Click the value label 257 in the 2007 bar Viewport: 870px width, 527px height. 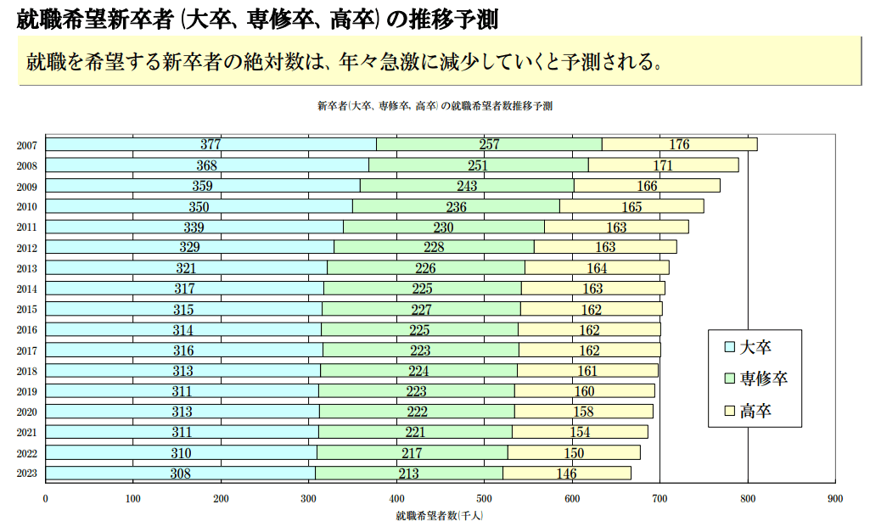(489, 144)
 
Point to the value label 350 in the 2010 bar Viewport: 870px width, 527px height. (199, 206)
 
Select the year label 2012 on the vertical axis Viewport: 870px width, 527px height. (26, 248)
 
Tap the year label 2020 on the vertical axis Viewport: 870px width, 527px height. (26, 412)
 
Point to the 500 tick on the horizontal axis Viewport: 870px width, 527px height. (484, 498)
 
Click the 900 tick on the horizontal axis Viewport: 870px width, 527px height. (834, 498)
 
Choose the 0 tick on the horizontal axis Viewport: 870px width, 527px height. (45, 498)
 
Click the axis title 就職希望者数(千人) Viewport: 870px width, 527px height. (439, 515)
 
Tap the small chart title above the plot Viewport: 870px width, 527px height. (435, 106)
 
